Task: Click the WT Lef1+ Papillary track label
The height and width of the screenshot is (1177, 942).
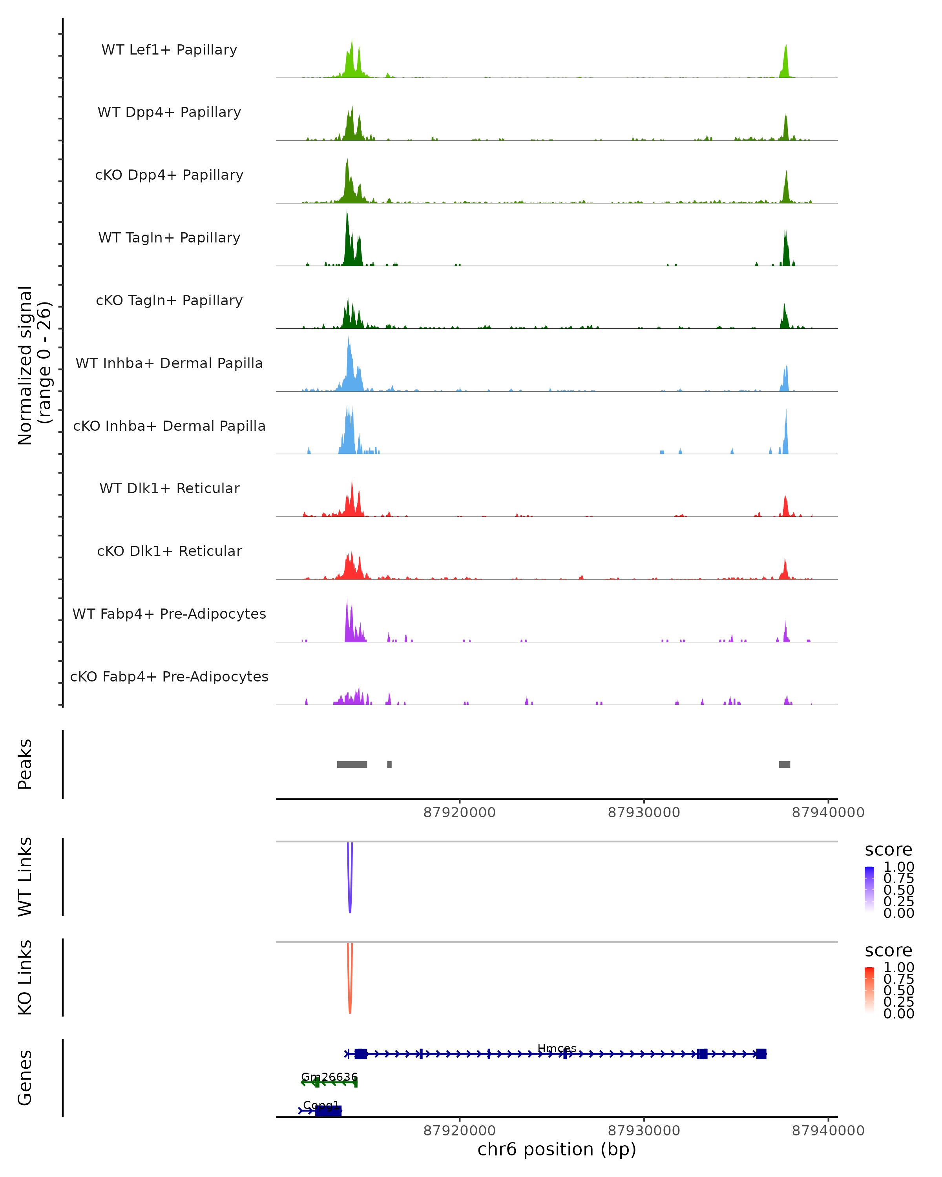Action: coord(169,50)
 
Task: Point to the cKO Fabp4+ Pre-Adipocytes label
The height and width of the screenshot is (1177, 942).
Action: coord(169,676)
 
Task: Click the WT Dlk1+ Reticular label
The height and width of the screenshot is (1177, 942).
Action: coord(169,488)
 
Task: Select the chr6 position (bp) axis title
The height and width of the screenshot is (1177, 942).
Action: coord(557,1149)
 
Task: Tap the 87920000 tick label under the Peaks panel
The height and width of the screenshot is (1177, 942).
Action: coord(459,813)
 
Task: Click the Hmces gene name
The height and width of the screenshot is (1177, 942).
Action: coord(557,1048)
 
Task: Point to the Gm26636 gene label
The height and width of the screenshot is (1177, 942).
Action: coord(329,1077)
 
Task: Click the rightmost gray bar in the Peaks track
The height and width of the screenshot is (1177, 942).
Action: coord(784,764)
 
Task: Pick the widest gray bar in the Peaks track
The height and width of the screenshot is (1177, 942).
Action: coord(352,764)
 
